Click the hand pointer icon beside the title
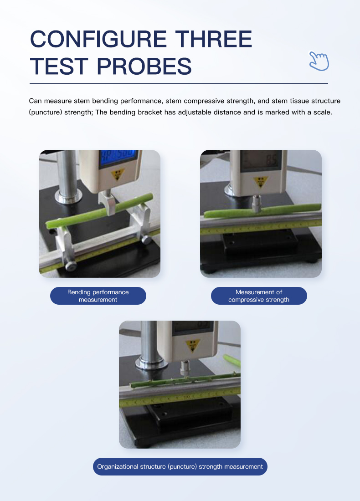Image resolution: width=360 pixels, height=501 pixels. (x=319, y=61)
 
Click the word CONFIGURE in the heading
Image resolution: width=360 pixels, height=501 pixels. (x=98, y=39)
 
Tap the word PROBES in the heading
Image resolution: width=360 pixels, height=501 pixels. (x=144, y=66)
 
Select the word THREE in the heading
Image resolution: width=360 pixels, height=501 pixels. (x=214, y=39)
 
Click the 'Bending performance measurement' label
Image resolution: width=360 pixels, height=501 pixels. (x=98, y=296)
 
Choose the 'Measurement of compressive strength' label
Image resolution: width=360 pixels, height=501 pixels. (x=259, y=296)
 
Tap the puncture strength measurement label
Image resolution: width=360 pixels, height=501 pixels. (x=180, y=466)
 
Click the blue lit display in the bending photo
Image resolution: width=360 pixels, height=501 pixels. (x=118, y=158)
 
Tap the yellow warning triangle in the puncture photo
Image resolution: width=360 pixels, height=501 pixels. (x=193, y=346)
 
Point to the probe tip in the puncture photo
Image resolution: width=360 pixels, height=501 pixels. (x=185, y=368)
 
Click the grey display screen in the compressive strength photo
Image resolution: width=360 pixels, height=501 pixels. (x=262, y=160)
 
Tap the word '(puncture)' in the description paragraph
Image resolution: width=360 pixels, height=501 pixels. (x=46, y=112)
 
